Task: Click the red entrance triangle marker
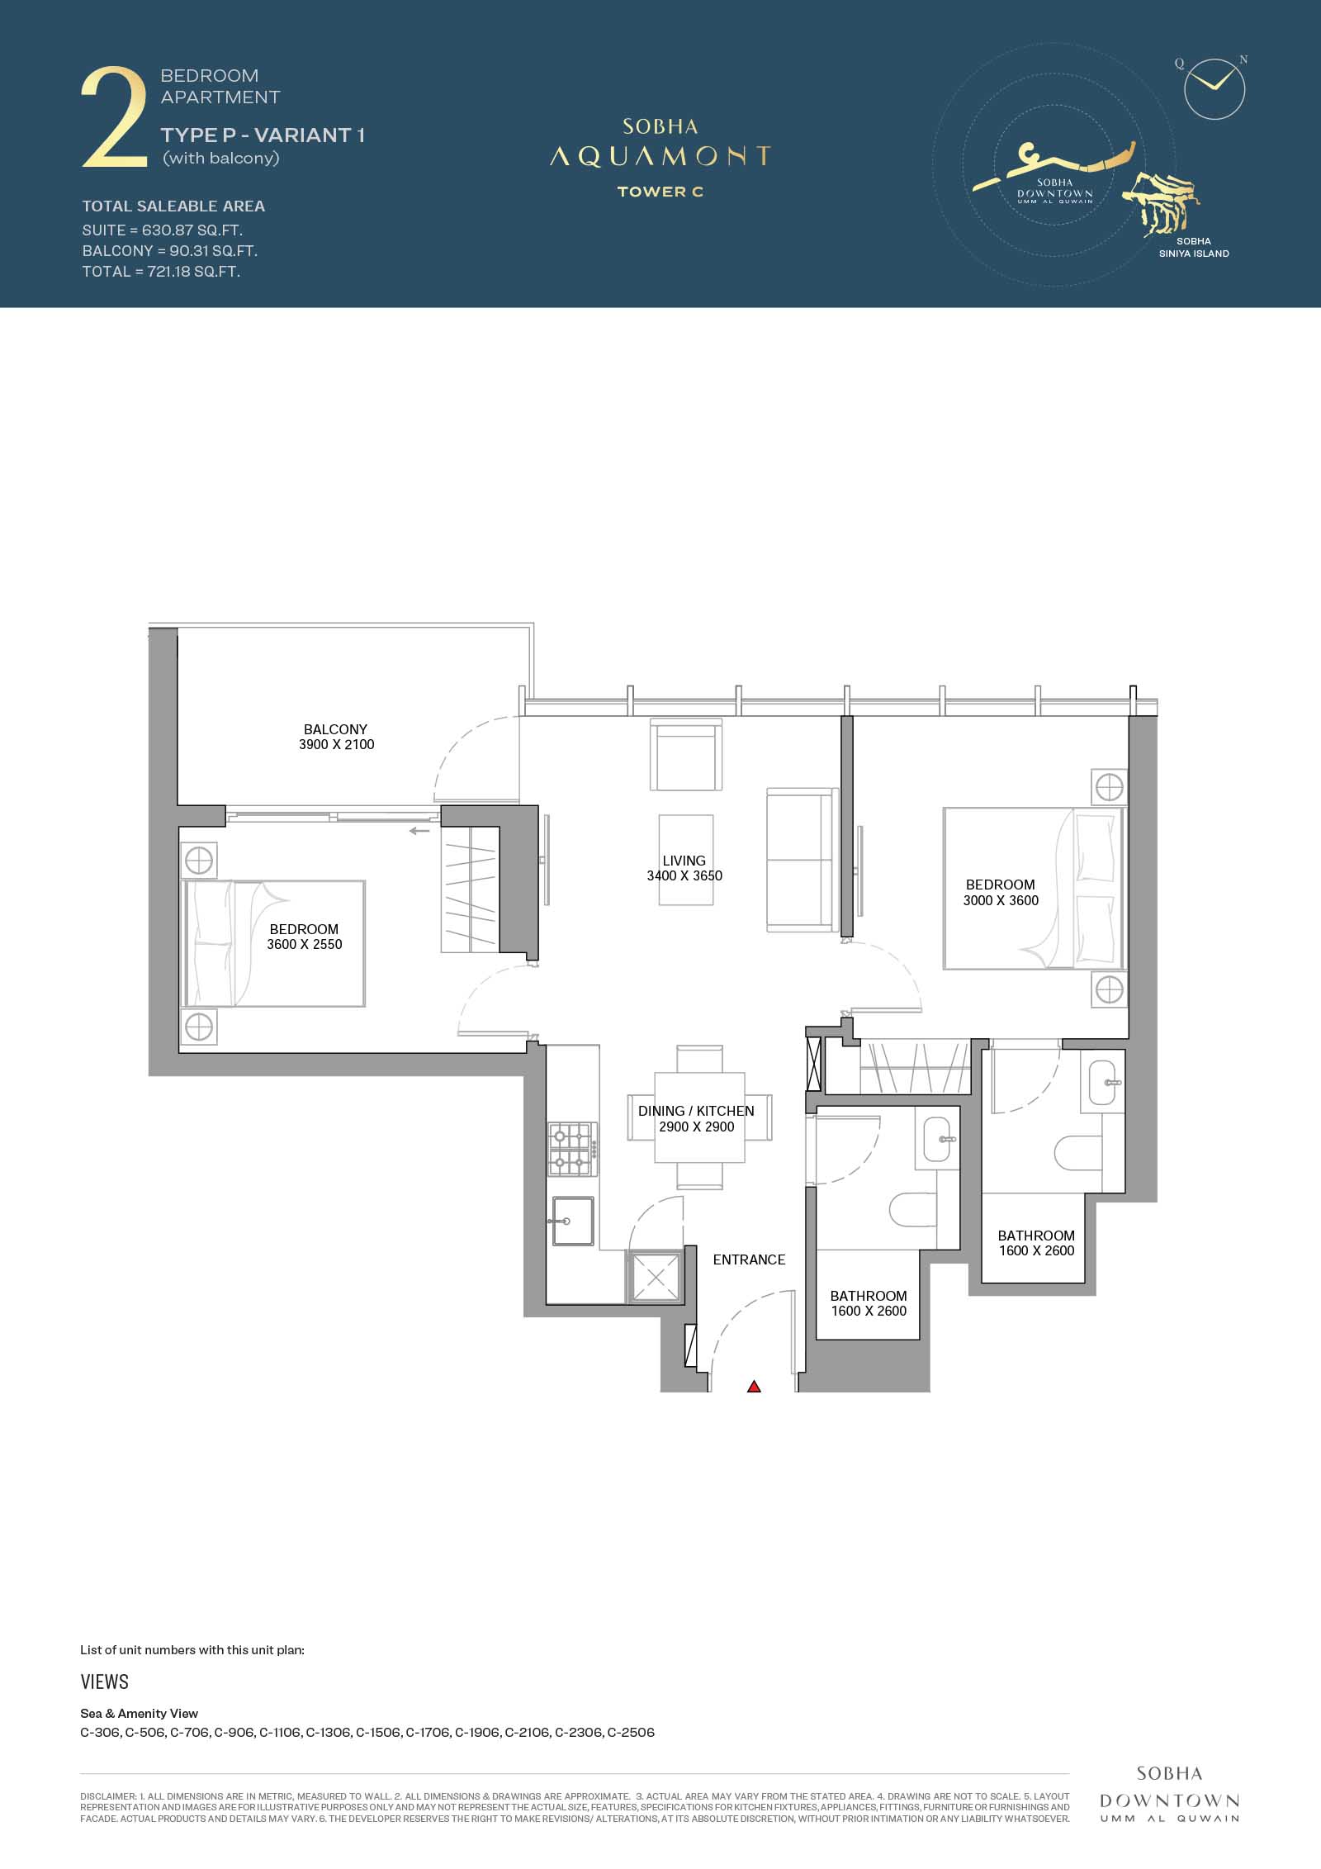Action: [754, 1387]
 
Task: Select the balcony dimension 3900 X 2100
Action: [337, 744]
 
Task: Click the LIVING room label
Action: [684, 861]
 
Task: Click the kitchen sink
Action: [573, 1221]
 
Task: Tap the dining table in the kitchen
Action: [700, 1118]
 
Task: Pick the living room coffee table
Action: [686, 861]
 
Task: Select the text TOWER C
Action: [660, 192]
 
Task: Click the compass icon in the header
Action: [1214, 88]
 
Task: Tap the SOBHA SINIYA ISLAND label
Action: [1194, 248]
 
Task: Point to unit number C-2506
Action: [631, 1733]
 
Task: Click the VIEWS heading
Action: [105, 1682]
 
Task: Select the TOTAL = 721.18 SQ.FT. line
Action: [161, 272]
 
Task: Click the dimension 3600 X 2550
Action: [305, 944]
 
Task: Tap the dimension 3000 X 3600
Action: [1001, 900]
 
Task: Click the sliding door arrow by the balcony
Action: [419, 830]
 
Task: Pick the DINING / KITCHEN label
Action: [696, 1111]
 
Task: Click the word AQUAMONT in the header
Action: [660, 156]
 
